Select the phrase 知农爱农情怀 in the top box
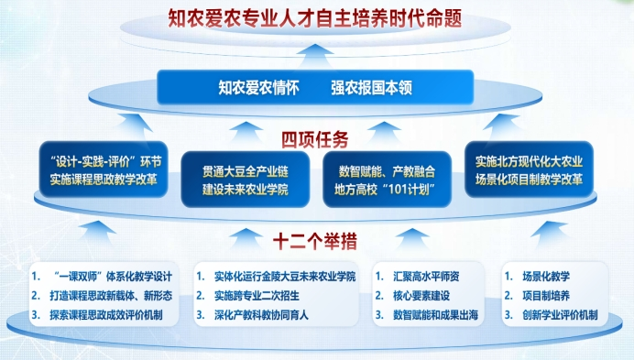point(257,89)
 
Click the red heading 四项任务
point(314,140)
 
